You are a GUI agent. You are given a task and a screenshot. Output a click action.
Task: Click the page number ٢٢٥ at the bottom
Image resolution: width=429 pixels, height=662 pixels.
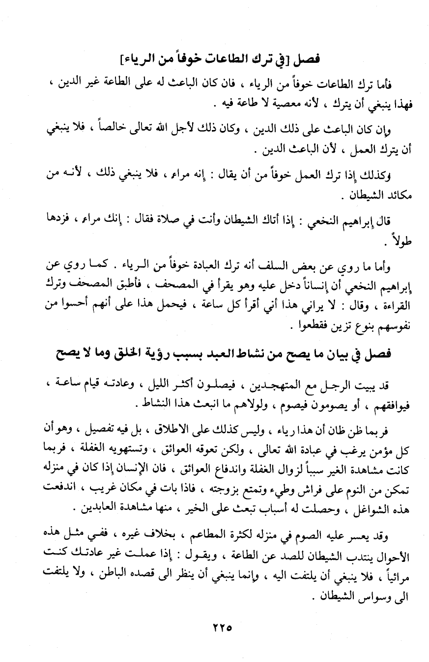point(214,627)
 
